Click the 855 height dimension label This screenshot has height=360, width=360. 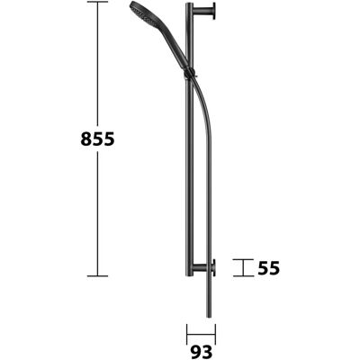tap(98, 139)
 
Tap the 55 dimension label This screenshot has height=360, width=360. tap(269, 268)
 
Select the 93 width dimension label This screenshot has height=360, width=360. tap(201, 351)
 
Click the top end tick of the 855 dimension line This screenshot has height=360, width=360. tap(97, 2)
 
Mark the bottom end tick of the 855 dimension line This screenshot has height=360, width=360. tap(97, 275)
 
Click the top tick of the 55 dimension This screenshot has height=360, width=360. tap(243, 259)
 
